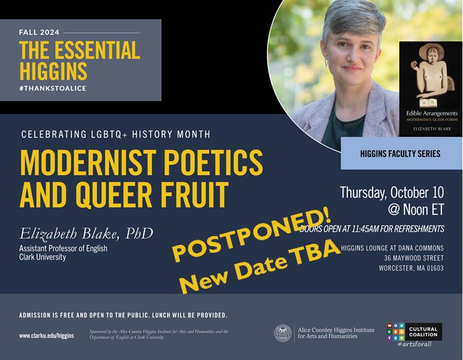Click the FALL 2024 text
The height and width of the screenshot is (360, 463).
coord(39,32)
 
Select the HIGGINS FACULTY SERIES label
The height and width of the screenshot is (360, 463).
coord(400,154)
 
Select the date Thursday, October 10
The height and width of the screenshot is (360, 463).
coord(392,193)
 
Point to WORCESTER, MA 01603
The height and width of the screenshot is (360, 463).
coord(411,268)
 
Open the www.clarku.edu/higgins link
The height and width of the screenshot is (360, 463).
coord(46,336)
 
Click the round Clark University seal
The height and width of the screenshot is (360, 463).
coord(283,333)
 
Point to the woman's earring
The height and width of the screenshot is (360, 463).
coord(327,62)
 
